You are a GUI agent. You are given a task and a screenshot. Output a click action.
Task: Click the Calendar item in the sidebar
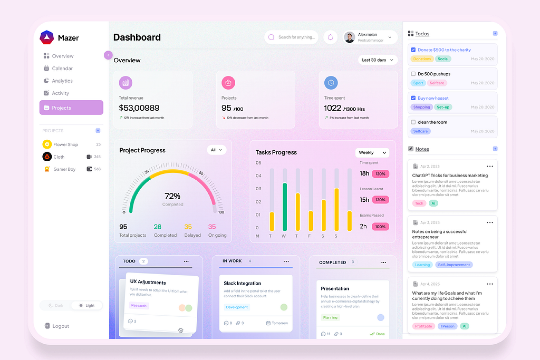click(62, 69)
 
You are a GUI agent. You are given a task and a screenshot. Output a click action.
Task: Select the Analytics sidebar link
click(62, 81)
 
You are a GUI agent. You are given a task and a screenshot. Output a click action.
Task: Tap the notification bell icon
click(330, 37)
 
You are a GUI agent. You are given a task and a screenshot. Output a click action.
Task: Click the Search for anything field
click(296, 37)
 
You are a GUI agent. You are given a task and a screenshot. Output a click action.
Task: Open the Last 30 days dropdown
click(377, 60)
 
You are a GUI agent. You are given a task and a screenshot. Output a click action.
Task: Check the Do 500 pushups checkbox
click(413, 74)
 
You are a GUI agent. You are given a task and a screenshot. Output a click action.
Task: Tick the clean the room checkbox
click(413, 122)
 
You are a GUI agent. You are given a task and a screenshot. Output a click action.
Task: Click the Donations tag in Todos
click(422, 59)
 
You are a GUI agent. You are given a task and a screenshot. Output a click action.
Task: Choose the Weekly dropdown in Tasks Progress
click(372, 153)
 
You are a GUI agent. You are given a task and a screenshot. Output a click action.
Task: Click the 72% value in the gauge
click(172, 196)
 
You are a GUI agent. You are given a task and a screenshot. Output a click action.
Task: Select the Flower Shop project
click(66, 144)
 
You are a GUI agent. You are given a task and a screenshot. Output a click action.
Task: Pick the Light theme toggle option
click(87, 305)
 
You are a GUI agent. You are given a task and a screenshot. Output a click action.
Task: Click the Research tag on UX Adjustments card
click(139, 305)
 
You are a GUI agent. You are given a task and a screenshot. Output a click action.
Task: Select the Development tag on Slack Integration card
click(237, 307)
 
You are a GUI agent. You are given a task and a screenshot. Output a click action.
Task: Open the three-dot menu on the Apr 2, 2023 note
click(490, 166)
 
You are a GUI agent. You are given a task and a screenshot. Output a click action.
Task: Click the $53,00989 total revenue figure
click(139, 108)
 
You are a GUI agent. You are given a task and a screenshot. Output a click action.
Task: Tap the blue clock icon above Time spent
click(331, 83)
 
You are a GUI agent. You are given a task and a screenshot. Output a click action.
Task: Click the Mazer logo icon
click(47, 37)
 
